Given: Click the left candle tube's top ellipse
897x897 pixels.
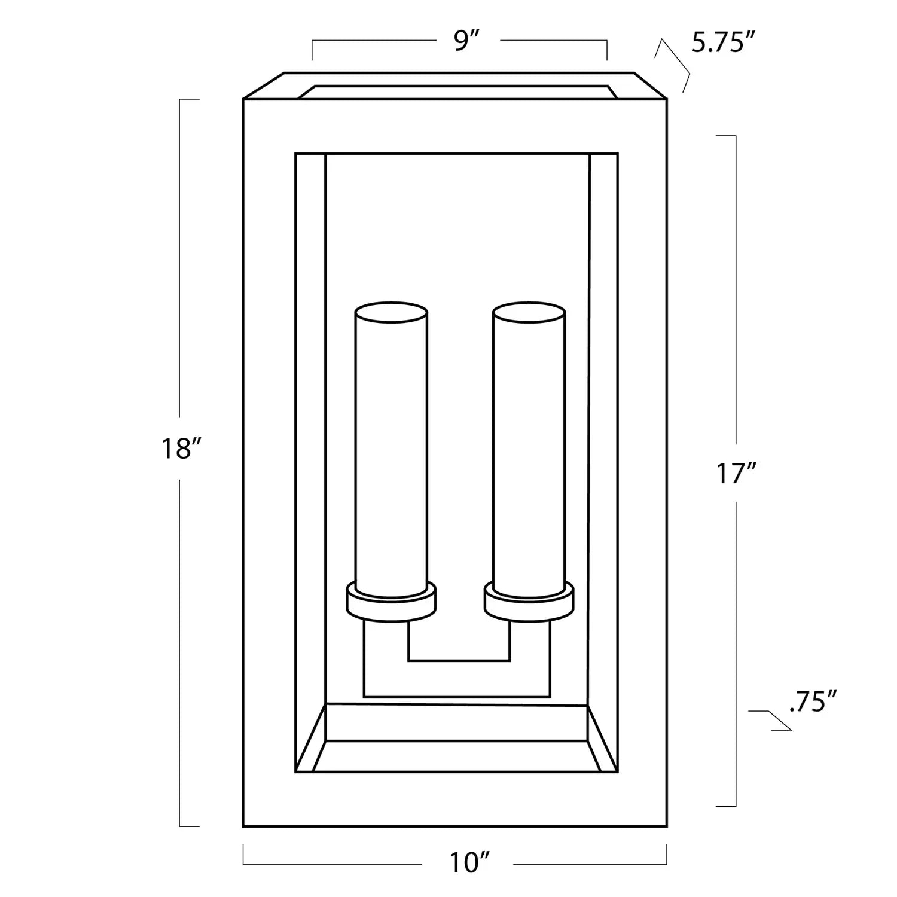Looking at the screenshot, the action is click(391, 312).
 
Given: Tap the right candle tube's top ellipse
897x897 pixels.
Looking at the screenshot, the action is click(529, 312).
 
